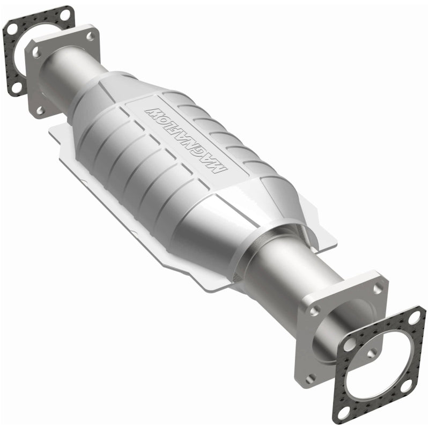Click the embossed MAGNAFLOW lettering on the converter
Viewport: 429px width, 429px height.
187,138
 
